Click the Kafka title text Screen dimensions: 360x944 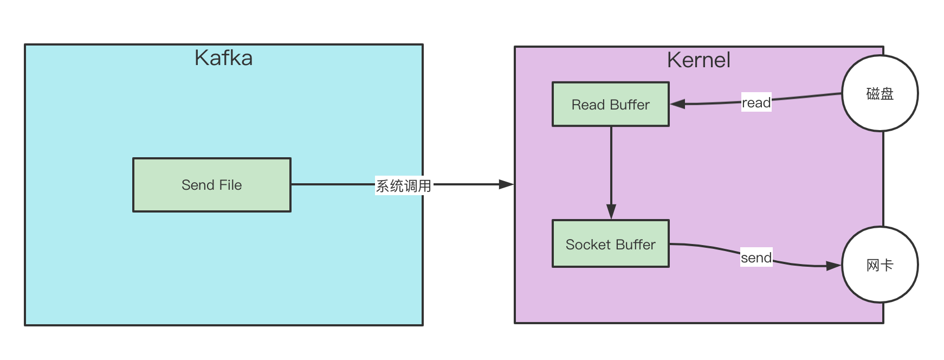223,58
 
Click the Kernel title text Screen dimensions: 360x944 699,60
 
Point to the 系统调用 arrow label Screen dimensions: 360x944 403,186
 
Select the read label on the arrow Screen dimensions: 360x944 756,102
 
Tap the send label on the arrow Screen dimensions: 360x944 756,258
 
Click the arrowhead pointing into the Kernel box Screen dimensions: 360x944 506,184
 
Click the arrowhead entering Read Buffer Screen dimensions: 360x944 678,104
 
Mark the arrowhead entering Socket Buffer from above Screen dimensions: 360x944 611,211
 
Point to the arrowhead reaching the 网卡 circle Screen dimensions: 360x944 833,266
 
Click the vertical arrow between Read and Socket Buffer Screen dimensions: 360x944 611,168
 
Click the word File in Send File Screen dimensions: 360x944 230,185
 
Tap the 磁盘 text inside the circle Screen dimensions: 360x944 880,94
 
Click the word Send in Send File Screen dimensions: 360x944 198,185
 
